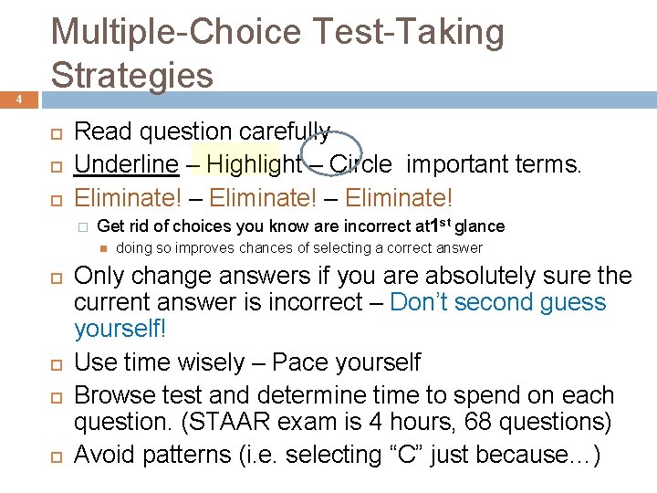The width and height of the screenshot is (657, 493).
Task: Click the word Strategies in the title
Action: pos(132,75)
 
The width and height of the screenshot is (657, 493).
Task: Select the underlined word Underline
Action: pos(126,164)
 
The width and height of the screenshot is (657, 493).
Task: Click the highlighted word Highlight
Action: pos(254,164)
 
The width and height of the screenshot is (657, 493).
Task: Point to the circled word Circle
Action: pos(360,164)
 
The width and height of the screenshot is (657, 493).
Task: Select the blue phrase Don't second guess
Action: pos(497,302)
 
